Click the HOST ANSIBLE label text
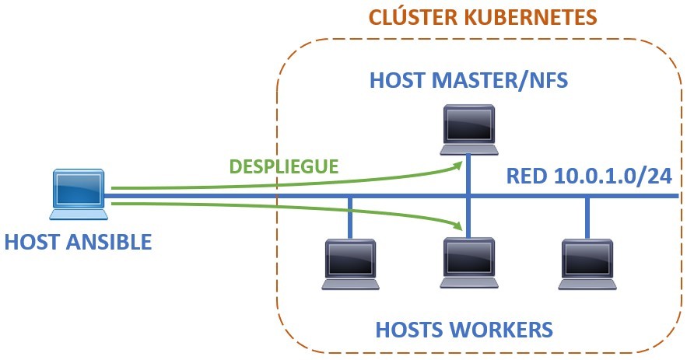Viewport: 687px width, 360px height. point(78,242)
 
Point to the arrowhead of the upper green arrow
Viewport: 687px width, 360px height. point(458,163)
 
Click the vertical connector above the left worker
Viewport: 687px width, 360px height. point(350,216)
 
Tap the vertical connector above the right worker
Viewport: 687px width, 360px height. point(587,216)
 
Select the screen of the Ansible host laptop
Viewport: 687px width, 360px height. point(79,187)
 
